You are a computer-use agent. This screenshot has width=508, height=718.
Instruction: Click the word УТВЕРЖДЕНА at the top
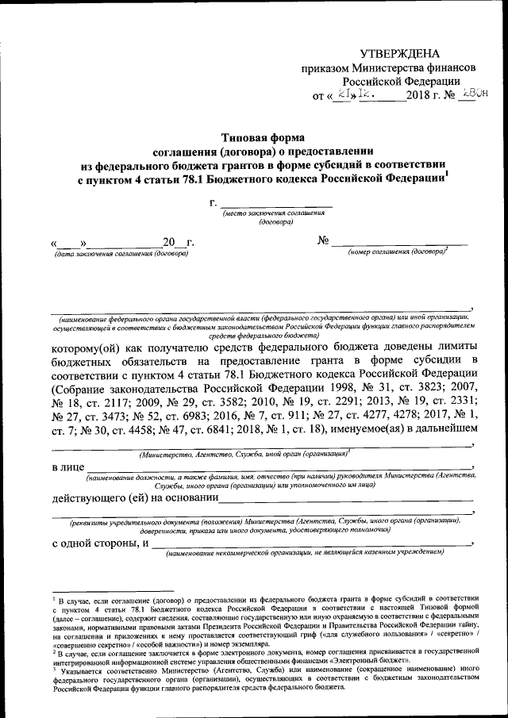(399, 54)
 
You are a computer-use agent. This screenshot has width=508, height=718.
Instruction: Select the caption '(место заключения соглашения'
(275, 215)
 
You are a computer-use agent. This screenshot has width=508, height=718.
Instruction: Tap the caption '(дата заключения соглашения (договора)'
(121, 254)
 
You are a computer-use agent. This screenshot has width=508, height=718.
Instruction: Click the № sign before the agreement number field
(324, 240)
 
